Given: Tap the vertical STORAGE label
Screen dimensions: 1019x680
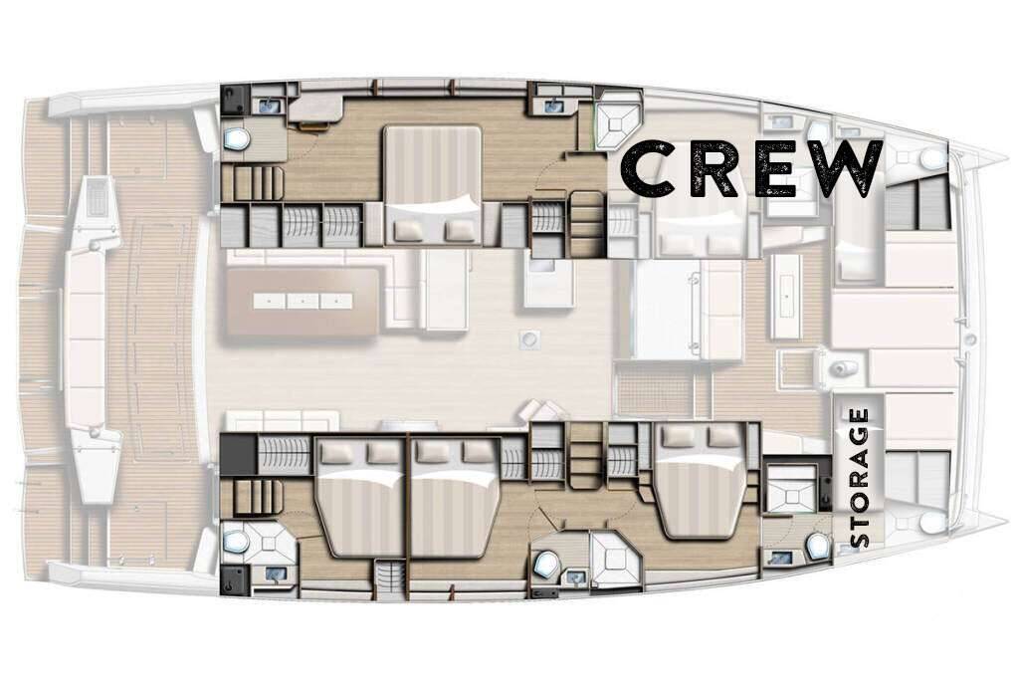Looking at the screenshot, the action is pos(859,477).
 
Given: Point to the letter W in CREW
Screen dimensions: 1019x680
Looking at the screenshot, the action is pos(848,169).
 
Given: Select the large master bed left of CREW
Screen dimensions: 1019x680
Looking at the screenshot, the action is pos(432,184).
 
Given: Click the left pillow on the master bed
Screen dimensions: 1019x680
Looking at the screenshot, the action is pos(407,229).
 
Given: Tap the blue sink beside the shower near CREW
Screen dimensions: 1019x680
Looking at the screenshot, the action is pos(553,104).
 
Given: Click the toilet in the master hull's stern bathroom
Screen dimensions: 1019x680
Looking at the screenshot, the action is pos(235,137).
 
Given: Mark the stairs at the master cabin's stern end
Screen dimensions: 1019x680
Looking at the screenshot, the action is pos(254,182).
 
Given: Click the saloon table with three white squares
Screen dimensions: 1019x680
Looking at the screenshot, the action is pos(304,301).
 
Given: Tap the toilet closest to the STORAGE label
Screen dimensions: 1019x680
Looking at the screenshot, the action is pos(817,545).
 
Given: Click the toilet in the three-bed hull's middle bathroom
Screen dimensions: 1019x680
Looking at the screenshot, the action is pos(547,563).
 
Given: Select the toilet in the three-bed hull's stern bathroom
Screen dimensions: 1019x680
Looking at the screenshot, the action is pos(234,539).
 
